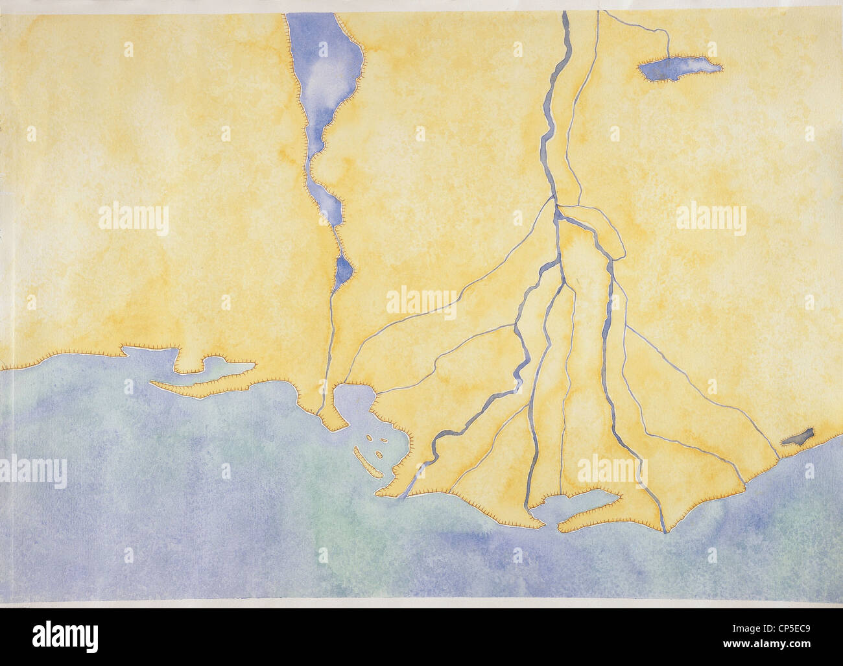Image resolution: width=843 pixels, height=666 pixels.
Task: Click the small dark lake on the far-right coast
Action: coord(798,437)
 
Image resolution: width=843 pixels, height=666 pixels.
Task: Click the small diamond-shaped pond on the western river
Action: coord(344,272)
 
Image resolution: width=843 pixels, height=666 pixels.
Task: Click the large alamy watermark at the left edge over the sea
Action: coord(32,471)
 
